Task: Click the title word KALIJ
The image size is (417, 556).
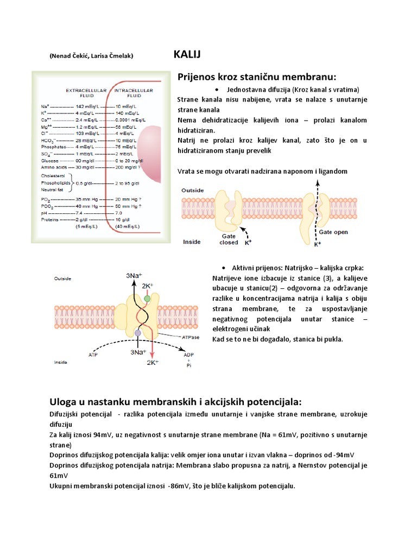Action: [x=187, y=54]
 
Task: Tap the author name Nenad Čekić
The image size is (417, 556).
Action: [x=71, y=56]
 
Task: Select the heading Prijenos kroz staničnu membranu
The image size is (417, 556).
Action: [x=257, y=76]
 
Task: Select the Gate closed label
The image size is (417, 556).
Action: [x=229, y=239]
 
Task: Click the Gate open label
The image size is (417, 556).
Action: [x=333, y=232]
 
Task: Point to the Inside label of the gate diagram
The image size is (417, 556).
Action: [x=192, y=242]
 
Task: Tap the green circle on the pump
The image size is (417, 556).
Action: [x=147, y=299]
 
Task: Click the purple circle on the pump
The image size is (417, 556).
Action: [x=138, y=332]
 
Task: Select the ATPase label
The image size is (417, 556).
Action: [x=191, y=337]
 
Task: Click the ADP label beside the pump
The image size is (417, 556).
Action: [x=188, y=355]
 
